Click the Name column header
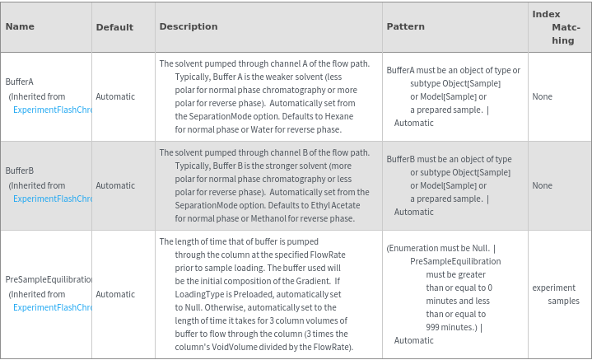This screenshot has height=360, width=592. point(20,26)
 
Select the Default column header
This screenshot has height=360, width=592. point(114,27)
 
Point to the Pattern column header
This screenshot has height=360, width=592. point(405,26)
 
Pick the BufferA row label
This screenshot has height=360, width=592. point(20,82)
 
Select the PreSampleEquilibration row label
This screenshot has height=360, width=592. point(49,279)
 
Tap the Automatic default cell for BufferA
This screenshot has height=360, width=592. point(115,96)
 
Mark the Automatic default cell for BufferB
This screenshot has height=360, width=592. point(115,185)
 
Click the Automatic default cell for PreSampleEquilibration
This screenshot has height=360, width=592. point(115,294)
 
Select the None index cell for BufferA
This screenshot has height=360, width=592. point(542,96)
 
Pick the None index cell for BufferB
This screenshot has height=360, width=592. point(542,185)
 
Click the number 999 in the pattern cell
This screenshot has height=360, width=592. point(436,327)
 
